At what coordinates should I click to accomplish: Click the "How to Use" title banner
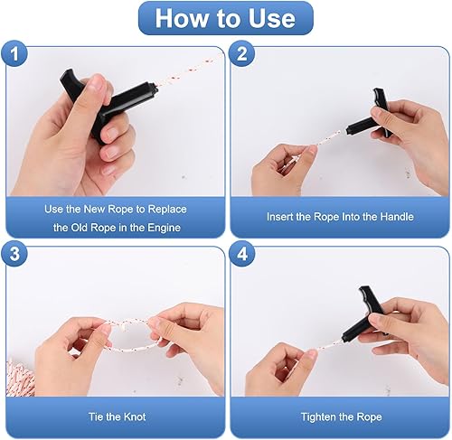point(226,18)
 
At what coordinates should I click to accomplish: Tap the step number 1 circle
point(14,54)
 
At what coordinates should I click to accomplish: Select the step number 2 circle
point(242,54)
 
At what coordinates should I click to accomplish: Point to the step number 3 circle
point(14,254)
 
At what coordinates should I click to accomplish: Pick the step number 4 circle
point(242,254)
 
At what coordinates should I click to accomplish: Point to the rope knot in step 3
point(125,326)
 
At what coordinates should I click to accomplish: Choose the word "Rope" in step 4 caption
point(369,417)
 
